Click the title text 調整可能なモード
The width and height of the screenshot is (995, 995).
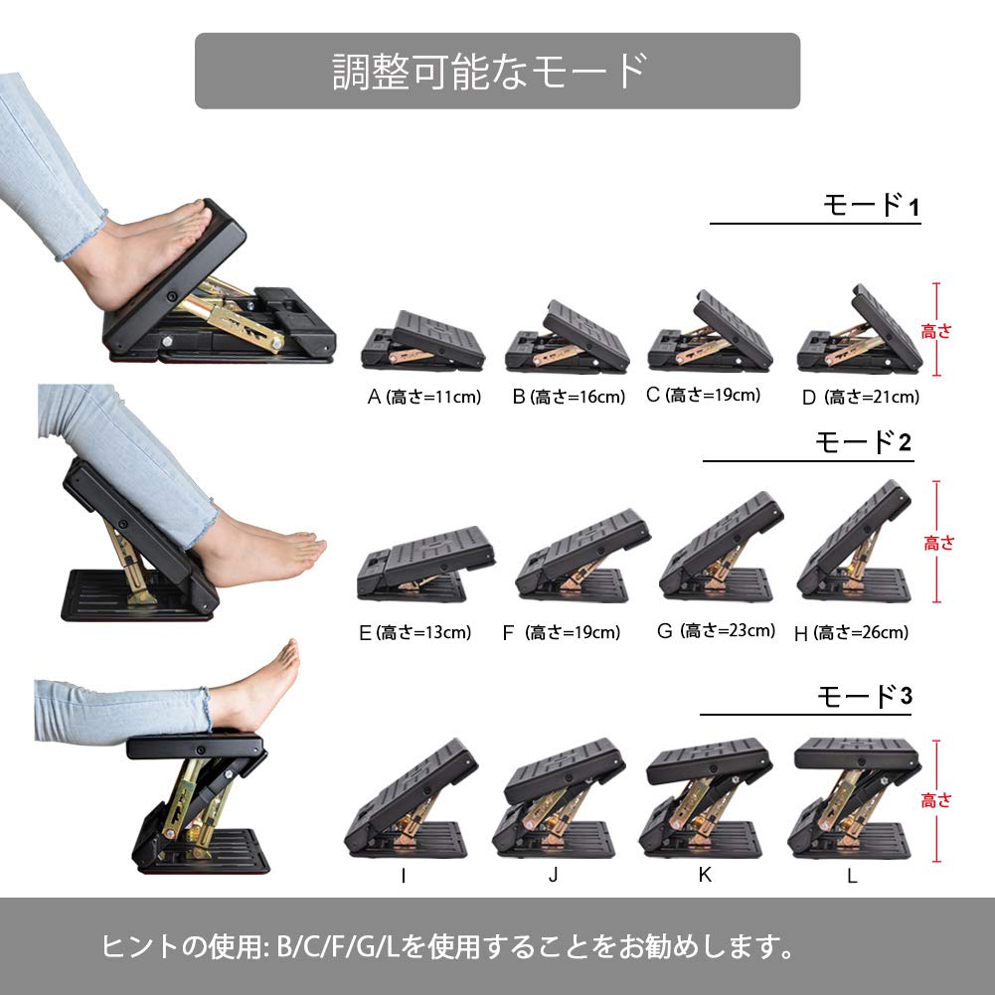[490, 72]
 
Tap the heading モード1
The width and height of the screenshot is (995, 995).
[872, 205]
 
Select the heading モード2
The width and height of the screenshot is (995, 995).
[864, 442]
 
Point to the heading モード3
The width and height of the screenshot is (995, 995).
[864, 696]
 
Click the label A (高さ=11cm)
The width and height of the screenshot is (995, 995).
[423, 398]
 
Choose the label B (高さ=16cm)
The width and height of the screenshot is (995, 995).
[569, 398]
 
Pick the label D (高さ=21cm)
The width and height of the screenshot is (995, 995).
[861, 398]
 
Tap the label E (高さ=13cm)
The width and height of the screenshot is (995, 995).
[415, 632]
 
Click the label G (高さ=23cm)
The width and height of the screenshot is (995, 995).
[717, 631]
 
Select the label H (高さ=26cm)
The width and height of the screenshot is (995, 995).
[852, 632]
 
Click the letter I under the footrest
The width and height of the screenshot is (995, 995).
[404, 876]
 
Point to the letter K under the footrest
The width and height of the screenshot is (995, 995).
[705, 875]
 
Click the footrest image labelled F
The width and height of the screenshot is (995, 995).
[582, 556]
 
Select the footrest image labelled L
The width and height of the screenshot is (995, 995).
[854, 797]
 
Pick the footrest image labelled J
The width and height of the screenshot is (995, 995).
[559, 797]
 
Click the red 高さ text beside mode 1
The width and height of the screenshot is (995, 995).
[936, 331]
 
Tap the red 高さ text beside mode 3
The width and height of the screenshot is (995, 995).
[936, 800]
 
